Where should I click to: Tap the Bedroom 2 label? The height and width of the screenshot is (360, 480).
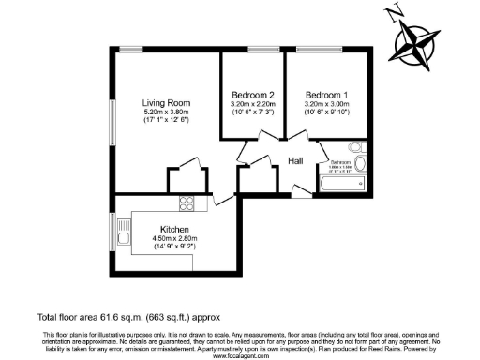tap(252, 95)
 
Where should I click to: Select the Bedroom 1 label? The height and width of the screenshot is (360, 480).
tap(326, 95)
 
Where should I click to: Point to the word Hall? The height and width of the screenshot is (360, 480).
tap(295, 161)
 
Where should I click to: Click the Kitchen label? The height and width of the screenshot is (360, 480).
tap(175, 230)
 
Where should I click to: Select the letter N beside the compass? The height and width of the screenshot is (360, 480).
tap(391, 13)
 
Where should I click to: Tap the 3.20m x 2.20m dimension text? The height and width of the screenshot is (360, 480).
tap(252, 104)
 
